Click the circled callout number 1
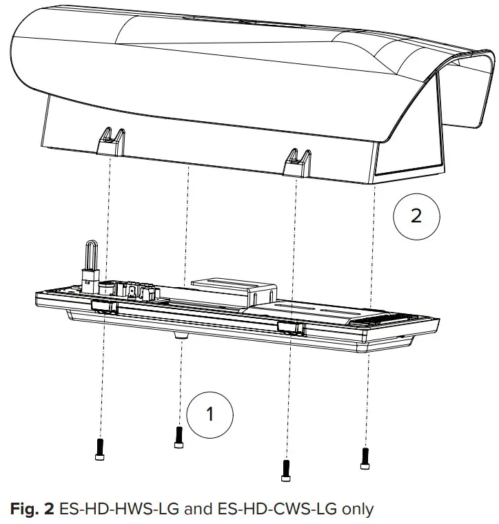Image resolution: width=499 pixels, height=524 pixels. [x=211, y=413]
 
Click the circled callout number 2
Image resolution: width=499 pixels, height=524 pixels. [x=416, y=216]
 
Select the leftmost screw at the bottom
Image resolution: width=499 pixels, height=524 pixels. [x=100, y=448]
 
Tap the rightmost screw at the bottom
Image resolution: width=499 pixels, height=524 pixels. [x=365, y=456]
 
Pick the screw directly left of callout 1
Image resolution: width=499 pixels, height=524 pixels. [x=179, y=437]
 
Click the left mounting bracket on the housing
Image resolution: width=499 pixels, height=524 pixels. [x=111, y=143]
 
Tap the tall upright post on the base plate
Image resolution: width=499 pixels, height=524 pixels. [x=90, y=258]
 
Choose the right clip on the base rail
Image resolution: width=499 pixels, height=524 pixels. [x=290, y=326]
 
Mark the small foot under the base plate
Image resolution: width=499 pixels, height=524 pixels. [x=181, y=334]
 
